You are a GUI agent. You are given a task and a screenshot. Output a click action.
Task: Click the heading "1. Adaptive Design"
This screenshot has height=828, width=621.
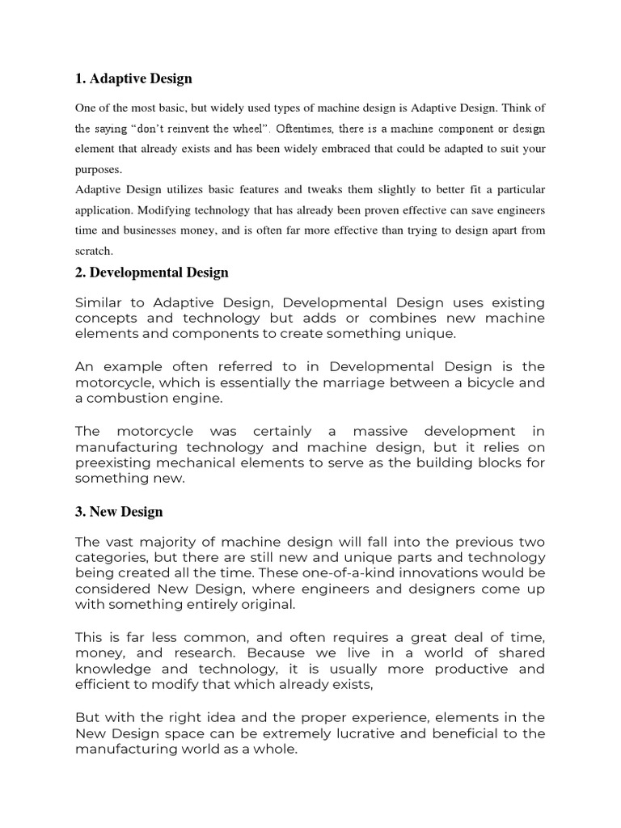[x=133, y=79]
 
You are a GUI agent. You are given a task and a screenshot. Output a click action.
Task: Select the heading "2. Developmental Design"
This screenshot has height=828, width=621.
[x=152, y=272]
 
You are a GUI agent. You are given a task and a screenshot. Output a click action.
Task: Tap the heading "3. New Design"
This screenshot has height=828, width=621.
[x=119, y=512]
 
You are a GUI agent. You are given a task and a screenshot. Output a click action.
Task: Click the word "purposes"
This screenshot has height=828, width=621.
[x=98, y=169]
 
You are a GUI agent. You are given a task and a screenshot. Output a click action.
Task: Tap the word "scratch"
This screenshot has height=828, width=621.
[x=93, y=251]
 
